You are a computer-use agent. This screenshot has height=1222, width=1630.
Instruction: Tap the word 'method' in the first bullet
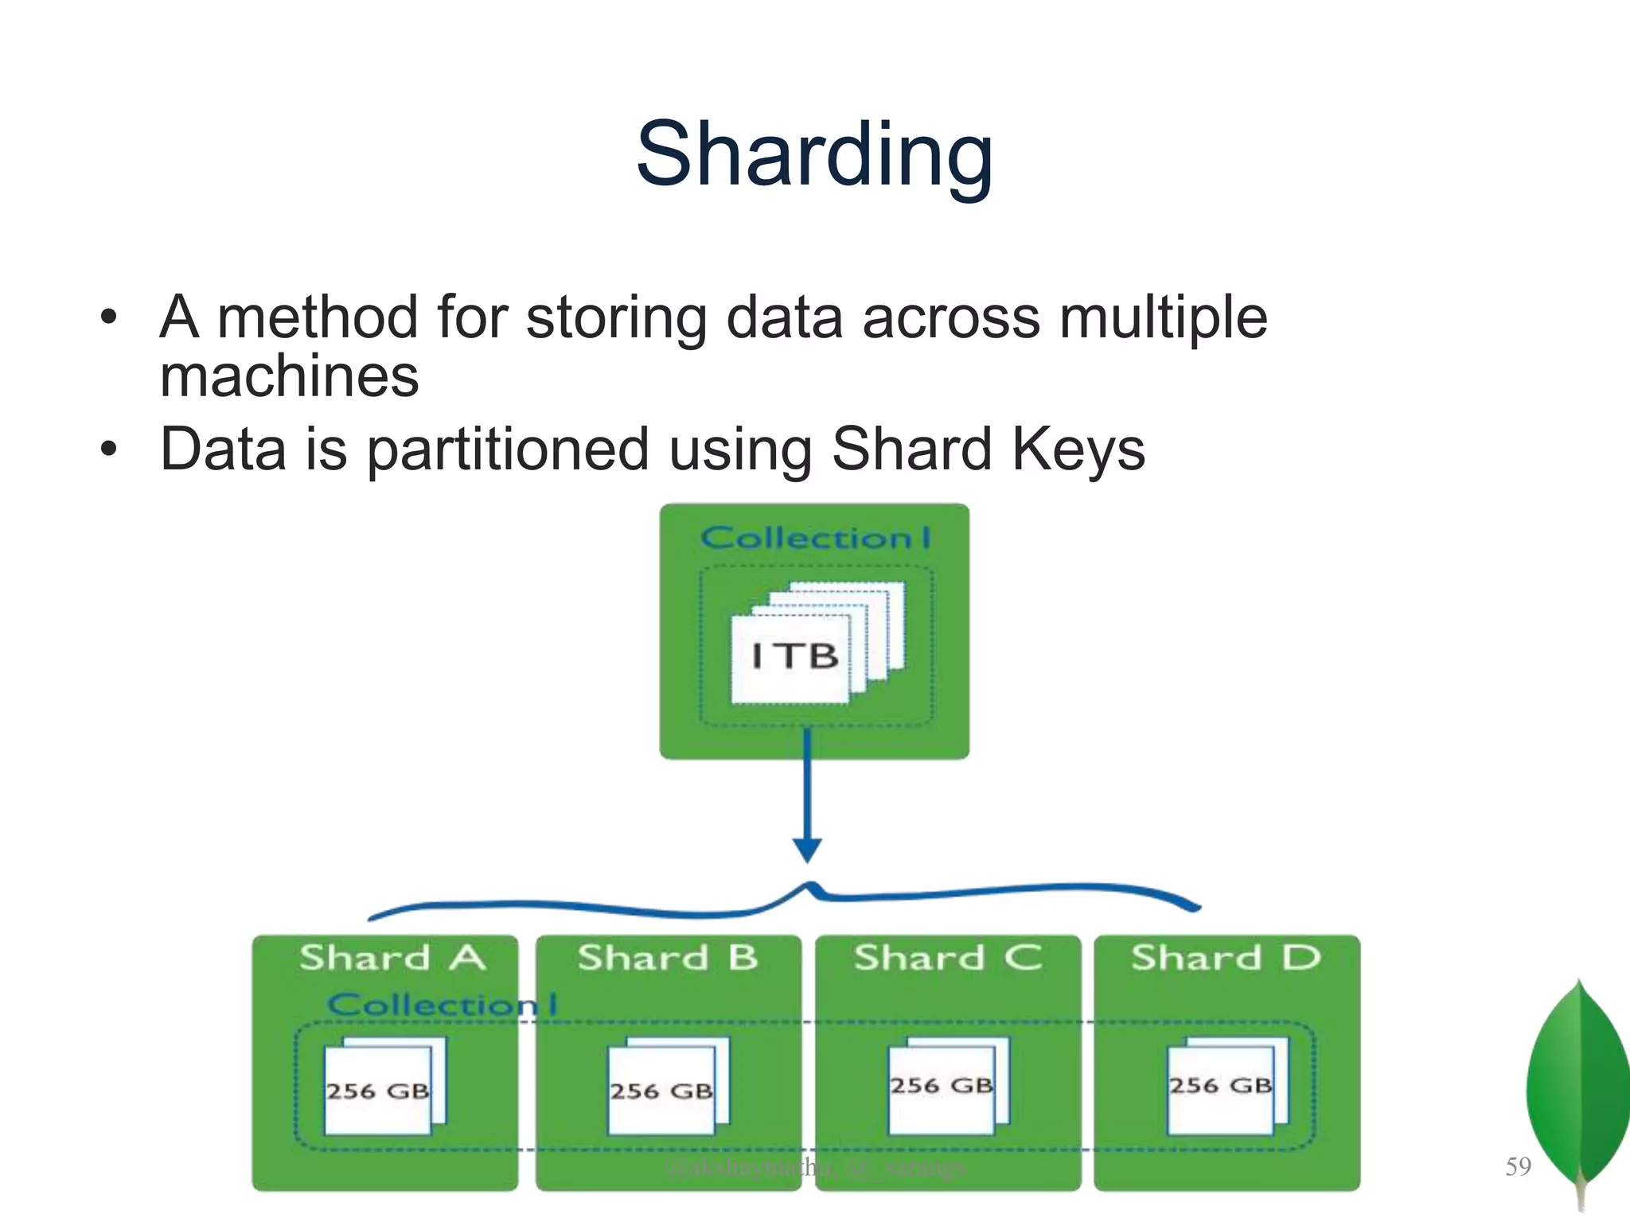point(318,317)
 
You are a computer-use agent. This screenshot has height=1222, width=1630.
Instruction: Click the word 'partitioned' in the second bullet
point(508,449)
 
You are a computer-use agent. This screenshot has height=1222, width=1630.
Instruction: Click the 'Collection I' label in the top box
point(814,539)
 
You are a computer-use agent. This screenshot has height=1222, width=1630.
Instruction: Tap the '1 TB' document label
point(794,657)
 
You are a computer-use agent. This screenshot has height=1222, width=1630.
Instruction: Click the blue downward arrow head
point(807,850)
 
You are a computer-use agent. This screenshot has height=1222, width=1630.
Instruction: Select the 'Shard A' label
point(392,958)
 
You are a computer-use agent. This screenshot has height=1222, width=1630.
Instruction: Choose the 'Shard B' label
point(668,958)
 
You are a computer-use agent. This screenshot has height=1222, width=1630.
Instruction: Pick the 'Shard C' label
point(947,958)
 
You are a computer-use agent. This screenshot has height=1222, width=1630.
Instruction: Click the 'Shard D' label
point(1226,958)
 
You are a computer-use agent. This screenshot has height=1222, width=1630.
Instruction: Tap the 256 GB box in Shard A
point(378,1090)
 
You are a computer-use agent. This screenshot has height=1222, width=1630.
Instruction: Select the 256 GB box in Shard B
point(661,1090)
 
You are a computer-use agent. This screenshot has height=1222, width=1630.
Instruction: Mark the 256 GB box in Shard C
point(942,1086)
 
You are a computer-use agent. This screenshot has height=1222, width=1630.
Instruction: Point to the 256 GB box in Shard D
point(1220,1086)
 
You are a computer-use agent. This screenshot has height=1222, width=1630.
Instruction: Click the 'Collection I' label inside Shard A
point(442,1005)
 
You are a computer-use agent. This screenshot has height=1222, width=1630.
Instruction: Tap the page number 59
point(1518,1167)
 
